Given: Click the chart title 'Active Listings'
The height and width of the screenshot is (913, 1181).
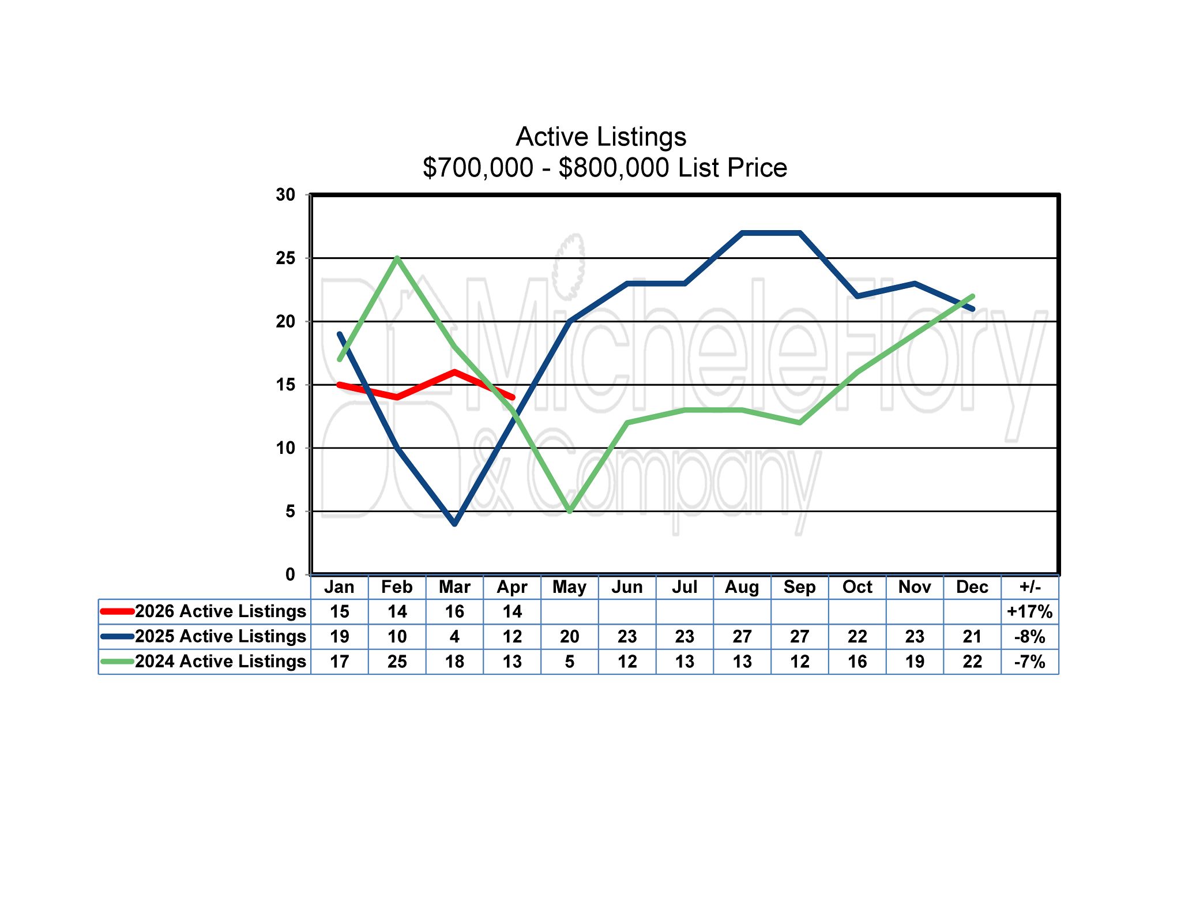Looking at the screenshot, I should point(601,137).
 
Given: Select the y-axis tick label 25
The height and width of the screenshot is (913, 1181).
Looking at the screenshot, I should point(285,258).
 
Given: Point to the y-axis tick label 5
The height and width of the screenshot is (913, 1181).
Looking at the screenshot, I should point(290,511).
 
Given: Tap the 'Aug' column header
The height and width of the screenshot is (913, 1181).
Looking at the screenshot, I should point(742,587).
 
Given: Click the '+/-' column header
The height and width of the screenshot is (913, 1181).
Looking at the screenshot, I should point(1030,587).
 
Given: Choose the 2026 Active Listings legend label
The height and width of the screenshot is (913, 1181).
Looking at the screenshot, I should point(220,611).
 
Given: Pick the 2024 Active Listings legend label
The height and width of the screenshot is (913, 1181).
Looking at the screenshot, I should point(220,661).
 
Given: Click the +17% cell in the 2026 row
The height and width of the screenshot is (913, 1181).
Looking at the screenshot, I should point(1030,611).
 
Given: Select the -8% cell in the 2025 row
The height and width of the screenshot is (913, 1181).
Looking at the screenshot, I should point(1030,636).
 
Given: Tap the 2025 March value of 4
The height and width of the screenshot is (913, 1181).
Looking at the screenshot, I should point(454,636).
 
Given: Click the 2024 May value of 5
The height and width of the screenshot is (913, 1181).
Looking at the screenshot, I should point(570,661).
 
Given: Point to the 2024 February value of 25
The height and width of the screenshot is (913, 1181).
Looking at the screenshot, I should point(397,661).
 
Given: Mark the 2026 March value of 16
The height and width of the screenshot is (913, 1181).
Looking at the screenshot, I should point(454,611).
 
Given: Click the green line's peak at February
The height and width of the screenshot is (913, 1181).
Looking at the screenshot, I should point(397,258).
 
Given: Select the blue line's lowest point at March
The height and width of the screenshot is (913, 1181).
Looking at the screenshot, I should point(455,524).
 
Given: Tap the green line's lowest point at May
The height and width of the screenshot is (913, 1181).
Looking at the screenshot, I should point(570,511).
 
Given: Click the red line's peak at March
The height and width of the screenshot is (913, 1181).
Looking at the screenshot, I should point(455,372).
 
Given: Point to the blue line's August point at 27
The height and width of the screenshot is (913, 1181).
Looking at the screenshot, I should point(742,233).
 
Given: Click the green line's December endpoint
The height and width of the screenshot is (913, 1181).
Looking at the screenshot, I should point(973,296).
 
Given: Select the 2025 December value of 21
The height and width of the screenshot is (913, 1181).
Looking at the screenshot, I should point(972,636).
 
